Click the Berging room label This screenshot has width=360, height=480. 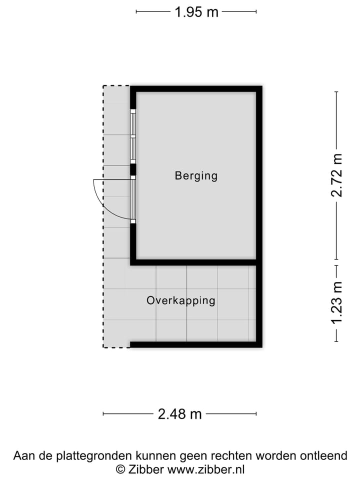[x=196, y=176]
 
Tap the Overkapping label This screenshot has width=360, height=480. [x=180, y=300]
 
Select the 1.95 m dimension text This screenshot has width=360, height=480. [x=196, y=12]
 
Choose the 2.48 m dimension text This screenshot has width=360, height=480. [x=180, y=414]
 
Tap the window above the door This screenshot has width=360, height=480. [x=133, y=136]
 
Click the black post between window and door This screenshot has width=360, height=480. [x=133, y=170]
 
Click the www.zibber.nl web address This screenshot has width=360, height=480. [x=206, y=469]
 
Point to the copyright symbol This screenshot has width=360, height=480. [x=120, y=469]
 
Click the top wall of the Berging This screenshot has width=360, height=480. [x=196, y=89]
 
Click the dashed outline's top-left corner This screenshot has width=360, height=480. [x=103, y=86]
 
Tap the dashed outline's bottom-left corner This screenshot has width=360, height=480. [x=103, y=347]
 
